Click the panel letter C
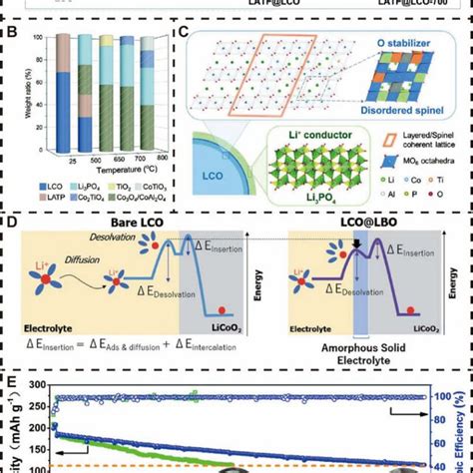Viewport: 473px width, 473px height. tap(182, 32)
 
